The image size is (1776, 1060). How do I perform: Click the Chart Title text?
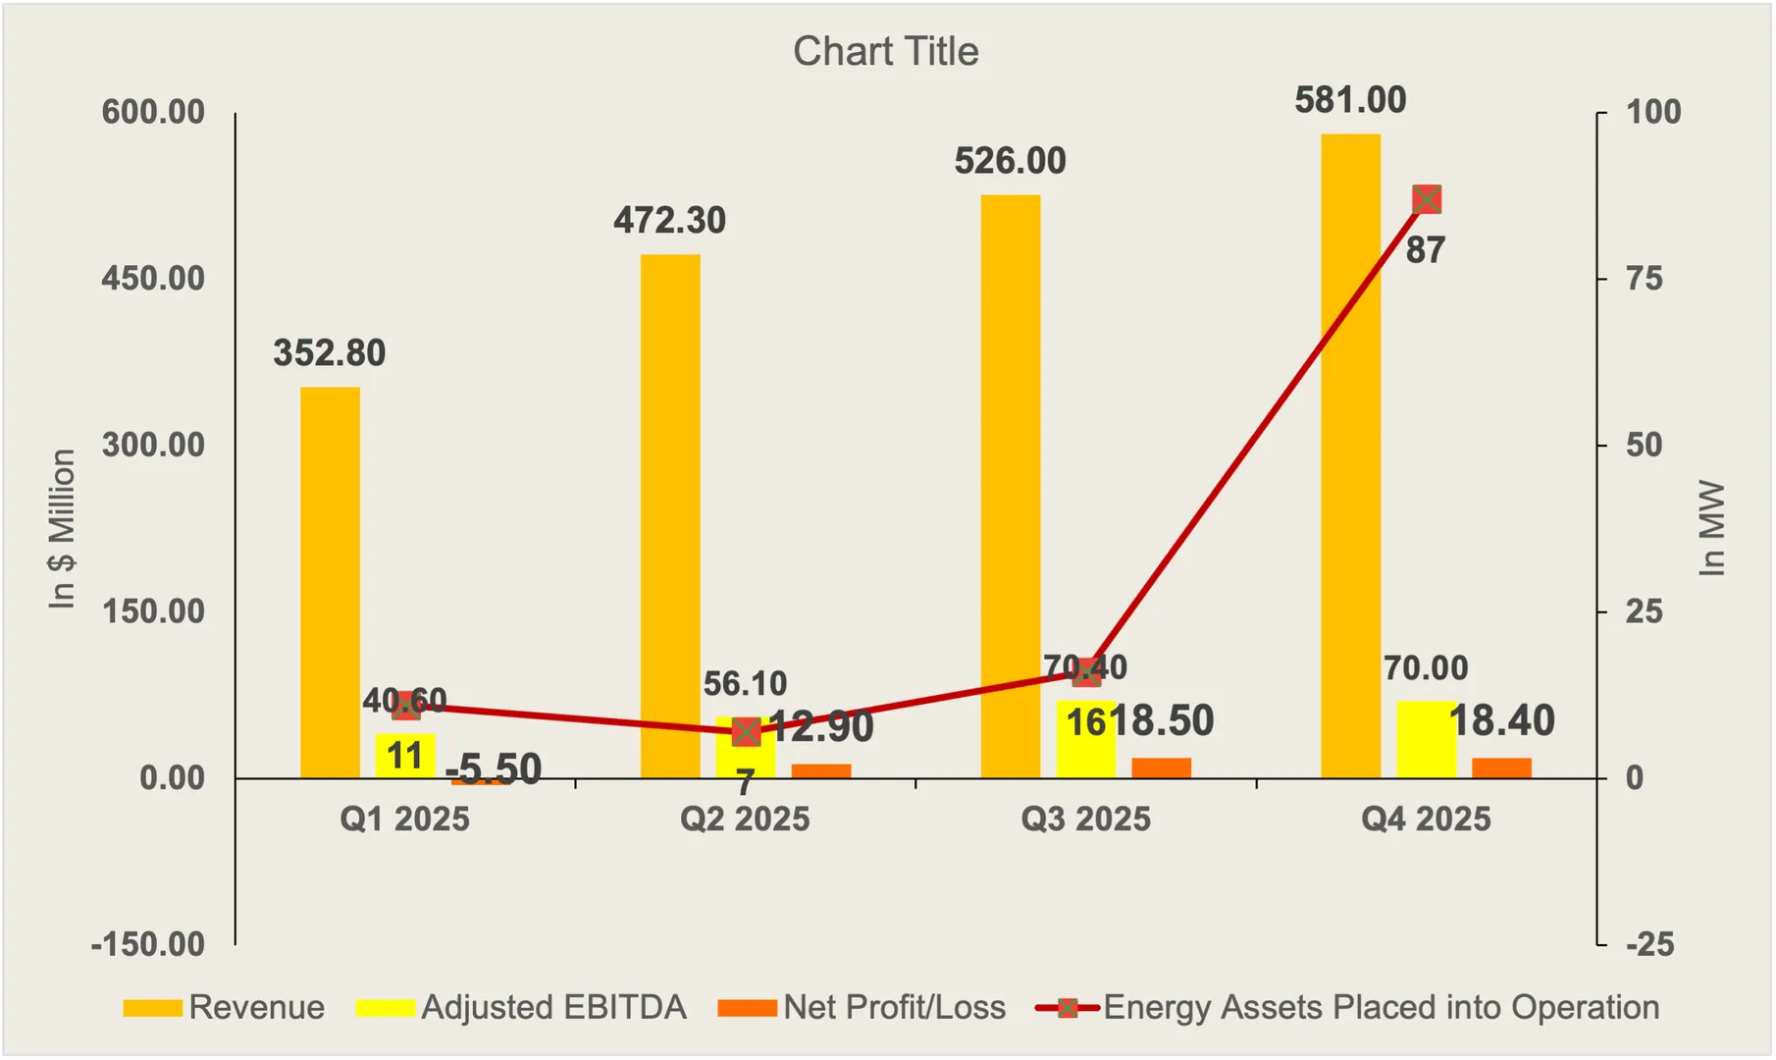(x=885, y=51)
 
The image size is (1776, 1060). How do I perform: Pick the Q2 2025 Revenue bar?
(x=670, y=515)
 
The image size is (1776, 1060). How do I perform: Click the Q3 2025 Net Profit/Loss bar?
(x=1161, y=768)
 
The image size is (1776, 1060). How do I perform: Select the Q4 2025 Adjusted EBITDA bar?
(x=1425, y=740)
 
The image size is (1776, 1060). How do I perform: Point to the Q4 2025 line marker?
(x=1426, y=200)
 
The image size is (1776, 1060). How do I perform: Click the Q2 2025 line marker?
(x=746, y=732)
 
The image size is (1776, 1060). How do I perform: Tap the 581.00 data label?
(x=1350, y=100)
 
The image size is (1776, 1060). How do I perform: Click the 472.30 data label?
(x=669, y=221)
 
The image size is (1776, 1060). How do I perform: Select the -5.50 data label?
(x=493, y=768)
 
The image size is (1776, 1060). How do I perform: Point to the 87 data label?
(x=1425, y=250)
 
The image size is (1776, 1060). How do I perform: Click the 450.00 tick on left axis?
(x=153, y=279)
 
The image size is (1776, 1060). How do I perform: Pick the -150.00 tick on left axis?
(x=147, y=944)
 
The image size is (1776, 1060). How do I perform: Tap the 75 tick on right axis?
(x=1644, y=279)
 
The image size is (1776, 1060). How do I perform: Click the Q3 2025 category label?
(x=1085, y=819)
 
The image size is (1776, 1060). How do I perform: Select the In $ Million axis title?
(x=62, y=529)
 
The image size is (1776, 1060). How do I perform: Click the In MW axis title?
(x=1711, y=529)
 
